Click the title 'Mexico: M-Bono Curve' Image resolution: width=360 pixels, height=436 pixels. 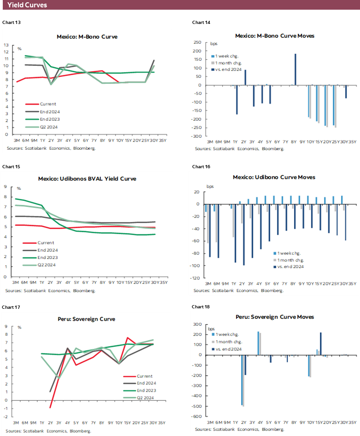(87, 36)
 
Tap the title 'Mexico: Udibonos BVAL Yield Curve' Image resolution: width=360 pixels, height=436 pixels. (87, 178)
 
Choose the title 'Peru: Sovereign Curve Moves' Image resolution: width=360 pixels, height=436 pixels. (274, 317)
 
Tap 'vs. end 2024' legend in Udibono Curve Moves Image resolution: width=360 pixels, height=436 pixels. (291, 266)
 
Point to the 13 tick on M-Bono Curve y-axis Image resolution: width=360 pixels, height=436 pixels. (6, 45)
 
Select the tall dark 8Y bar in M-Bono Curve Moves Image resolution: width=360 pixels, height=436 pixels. (295, 69)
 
